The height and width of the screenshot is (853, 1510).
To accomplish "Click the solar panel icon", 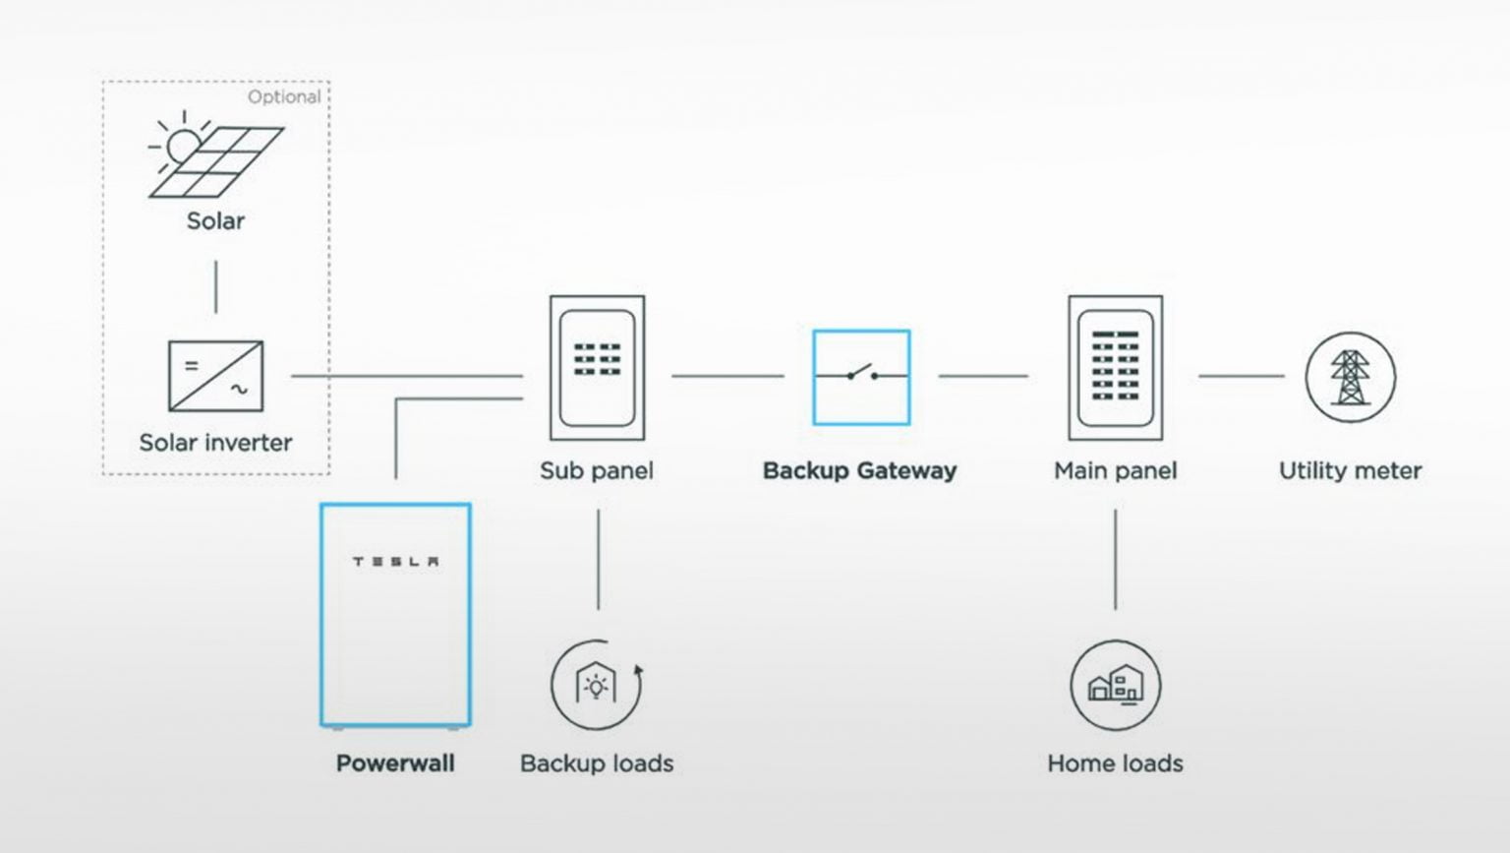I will [x=215, y=156].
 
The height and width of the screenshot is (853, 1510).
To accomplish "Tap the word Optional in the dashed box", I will [x=283, y=96].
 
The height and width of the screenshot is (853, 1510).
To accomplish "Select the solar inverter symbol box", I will [x=216, y=376].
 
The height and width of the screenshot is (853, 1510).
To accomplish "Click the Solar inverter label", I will [x=215, y=443].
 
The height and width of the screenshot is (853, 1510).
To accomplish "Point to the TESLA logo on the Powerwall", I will [x=396, y=562].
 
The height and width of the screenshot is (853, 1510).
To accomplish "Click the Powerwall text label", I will [x=395, y=763].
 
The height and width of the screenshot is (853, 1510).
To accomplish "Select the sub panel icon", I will [x=597, y=368].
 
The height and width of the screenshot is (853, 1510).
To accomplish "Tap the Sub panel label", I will [x=597, y=470].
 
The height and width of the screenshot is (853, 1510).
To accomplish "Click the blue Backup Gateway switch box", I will [x=861, y=377].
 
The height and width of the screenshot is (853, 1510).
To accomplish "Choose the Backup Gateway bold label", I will [x=859, y=470].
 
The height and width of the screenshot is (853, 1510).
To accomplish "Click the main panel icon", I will [x=1115, y=368].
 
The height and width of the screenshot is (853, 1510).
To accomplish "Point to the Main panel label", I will [x=1115, y=470].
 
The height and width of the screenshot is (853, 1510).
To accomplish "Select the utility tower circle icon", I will [x=1350, y=377].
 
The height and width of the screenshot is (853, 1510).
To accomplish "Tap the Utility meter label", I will [x=1350, y=470].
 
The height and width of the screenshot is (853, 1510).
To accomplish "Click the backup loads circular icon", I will [x=597, y=685].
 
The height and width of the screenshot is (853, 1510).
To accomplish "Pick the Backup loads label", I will [x=597, y=763].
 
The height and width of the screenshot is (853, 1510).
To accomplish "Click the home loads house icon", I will [x=1115, y=685].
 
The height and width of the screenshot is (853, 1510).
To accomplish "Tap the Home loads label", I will [x=1115, y=763].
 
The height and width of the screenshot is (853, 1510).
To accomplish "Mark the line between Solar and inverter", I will [x=216, y=286].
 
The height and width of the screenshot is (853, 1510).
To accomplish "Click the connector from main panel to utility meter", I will [x=1241, y=376].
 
